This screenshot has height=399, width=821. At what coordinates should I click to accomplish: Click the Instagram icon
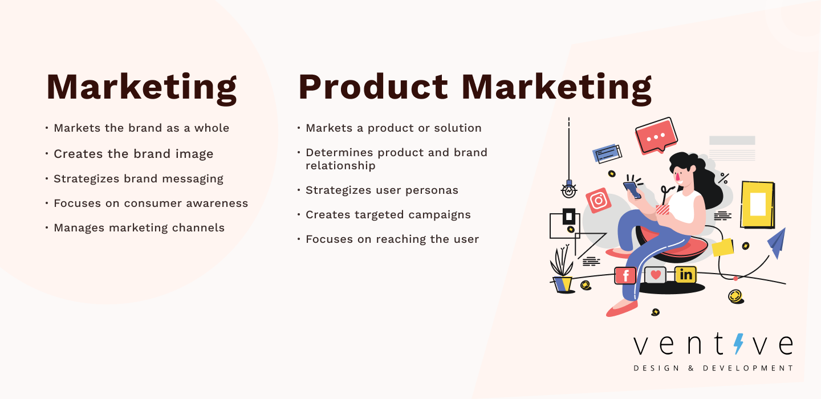(598, 201)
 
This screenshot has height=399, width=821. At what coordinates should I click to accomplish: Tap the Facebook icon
(625, 275)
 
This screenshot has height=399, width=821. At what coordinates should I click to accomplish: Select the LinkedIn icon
(685, 274)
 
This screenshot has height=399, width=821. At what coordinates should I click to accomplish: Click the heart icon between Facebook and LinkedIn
(655, 275)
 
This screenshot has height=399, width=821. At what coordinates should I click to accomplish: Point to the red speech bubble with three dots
(656, 136)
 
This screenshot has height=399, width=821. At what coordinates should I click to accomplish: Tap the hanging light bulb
(569, 189)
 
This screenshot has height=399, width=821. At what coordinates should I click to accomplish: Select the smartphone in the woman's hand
(632, 190)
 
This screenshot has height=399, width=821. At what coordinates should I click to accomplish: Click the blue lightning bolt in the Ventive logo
(738, 344)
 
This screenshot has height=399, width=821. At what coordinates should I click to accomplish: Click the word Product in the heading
(373, 87)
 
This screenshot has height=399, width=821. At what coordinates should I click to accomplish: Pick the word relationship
(340, 166)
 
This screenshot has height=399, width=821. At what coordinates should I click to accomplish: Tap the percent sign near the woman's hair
(723, 178)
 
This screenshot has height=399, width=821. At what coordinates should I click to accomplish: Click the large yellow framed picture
(758, 205)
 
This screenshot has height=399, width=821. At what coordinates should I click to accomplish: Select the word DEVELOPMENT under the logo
(747, 368)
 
